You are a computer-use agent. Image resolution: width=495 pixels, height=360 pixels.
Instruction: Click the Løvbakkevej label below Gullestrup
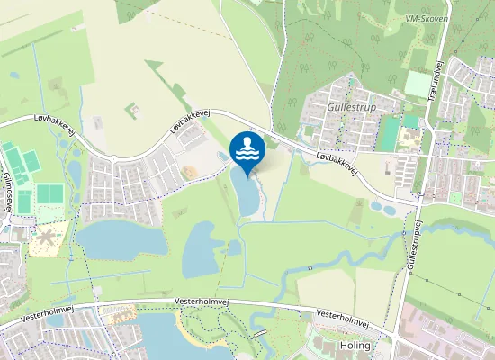pyautogui.click(x=338, y=163)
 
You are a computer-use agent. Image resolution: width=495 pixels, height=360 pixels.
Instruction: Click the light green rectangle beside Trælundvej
pyautogui.click(x=418, y=85)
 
